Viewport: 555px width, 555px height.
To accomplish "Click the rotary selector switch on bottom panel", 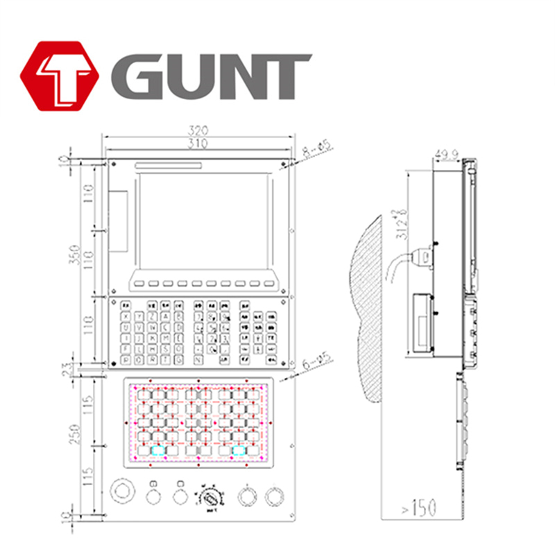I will (210, 497).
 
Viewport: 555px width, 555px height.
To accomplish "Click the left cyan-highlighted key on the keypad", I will (159, 450).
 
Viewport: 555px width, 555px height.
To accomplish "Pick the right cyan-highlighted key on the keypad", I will (239, 450).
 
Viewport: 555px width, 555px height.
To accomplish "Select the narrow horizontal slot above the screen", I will (169, 165).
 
